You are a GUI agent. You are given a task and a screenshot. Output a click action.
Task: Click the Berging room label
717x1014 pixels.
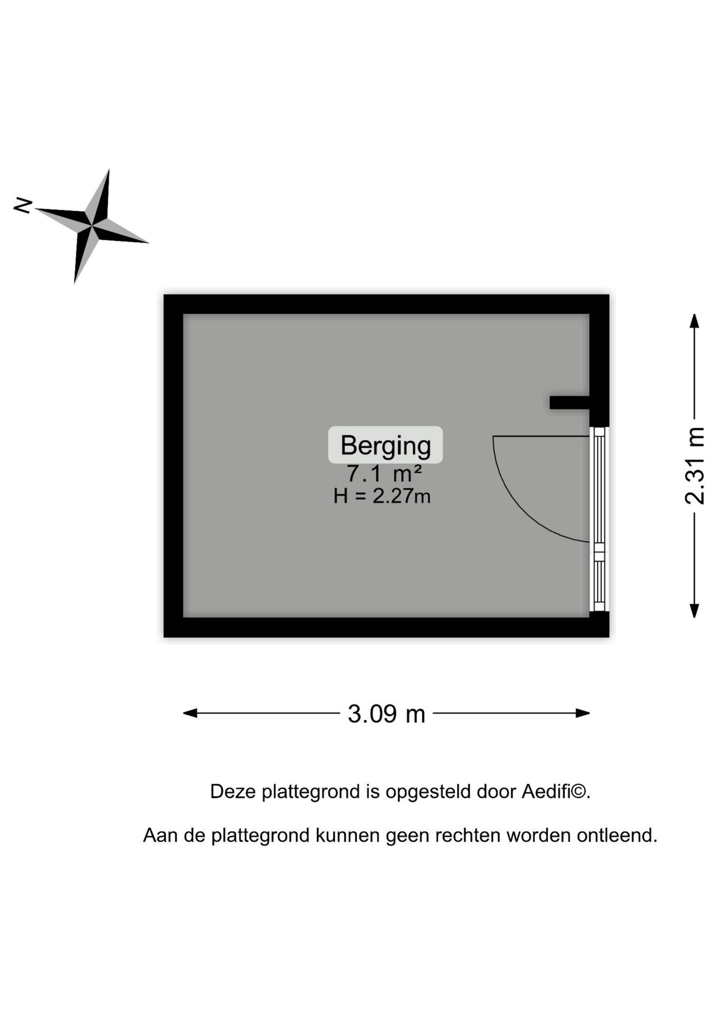point(385,445)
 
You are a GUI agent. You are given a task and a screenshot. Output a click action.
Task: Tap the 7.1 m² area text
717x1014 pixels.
point(384,473)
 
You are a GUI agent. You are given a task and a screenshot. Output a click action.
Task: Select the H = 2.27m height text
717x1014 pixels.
point(382,496)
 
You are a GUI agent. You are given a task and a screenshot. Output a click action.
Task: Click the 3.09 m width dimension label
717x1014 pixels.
point(386,713)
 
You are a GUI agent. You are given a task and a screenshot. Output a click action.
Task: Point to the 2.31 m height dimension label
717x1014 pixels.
point(695,466)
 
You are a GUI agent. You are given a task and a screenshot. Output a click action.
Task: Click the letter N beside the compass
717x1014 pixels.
point(23,205)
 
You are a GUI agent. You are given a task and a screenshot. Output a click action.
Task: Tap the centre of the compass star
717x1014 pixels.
point(92,226)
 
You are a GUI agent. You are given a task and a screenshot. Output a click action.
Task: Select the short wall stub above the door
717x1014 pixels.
point(570,402)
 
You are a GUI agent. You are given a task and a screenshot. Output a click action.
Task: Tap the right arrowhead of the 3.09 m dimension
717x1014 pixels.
point(583,713)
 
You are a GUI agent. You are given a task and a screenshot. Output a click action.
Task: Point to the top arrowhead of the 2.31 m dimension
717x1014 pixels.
point(695,321)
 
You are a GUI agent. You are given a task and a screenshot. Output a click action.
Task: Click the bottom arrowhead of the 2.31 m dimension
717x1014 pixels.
point(695,611)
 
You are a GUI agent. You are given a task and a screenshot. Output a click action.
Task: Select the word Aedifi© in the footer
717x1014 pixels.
point(556,792)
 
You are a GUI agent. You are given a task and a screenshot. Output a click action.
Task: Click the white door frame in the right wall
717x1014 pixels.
point(599,519)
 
